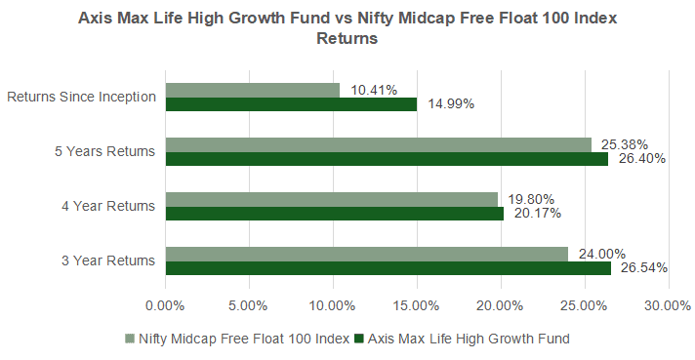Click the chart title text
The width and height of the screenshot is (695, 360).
pyautogui.click(x=347, y=29)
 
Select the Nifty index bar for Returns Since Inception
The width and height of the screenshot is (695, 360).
pyautogui.click(x=252, y=90)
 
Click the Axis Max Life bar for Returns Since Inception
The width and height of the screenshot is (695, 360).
pyautogui.click(x=291, y=104)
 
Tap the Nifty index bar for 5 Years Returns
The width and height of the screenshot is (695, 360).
pyautogui.click(x=378, y=144)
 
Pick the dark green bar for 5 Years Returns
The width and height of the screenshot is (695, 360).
pyautogui.click(x=387, y=159)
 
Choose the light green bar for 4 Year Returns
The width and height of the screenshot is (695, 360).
pyautogui.click(x=331, y=199)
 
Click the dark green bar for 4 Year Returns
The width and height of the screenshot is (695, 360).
pyautogui.click(x=334, y=214)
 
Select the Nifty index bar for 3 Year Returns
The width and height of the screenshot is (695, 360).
pyautogui.click(x=366, y=254)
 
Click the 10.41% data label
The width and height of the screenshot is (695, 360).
pyautogui.click(x=374, y=90)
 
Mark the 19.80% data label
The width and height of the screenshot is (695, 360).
pyautogui.click(x=532, y=199)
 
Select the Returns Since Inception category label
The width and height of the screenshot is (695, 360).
pyautogui.click(x=81, y=97)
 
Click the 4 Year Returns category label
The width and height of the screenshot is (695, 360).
pyautogui.click(x=108, y=206)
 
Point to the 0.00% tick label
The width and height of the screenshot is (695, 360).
pyautogui.click(x=165, y=305)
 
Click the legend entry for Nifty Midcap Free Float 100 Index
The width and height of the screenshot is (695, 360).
pyautogui.click(x=237, y=339)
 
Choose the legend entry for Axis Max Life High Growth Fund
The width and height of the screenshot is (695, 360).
pyautogui.click(x=462, y=339)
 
